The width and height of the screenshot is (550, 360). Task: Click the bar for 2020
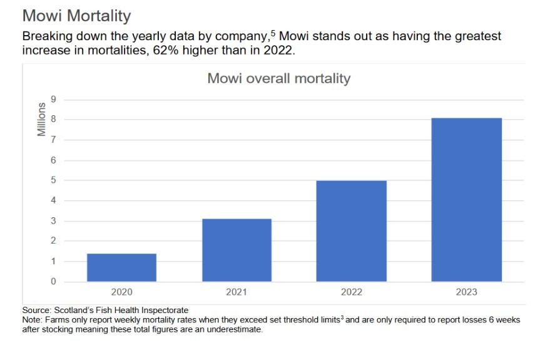(121, 267)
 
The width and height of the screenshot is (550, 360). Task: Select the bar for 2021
(237, 250)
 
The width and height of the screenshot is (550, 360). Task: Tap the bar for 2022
(351, 231)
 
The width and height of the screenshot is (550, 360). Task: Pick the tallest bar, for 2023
(466, 200)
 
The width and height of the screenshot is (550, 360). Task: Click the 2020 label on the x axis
(121, 292)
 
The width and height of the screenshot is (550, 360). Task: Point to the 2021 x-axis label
(237, 292)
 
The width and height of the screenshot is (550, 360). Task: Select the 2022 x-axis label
(351, 292)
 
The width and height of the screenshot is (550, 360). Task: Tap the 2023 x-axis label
(466, 292)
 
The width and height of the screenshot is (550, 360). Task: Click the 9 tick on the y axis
(53, 100)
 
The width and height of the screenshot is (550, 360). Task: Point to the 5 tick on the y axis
(53, 180)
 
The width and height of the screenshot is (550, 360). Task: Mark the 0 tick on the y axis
(53, 282)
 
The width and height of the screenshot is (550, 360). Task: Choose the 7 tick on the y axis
(53, 140)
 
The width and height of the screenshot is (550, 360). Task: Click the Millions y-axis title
(41, 119)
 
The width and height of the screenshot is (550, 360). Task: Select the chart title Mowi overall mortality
(278, 79)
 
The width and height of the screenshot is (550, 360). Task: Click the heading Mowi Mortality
(76, 16)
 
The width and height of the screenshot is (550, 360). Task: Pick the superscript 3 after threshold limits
(342, 317)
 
